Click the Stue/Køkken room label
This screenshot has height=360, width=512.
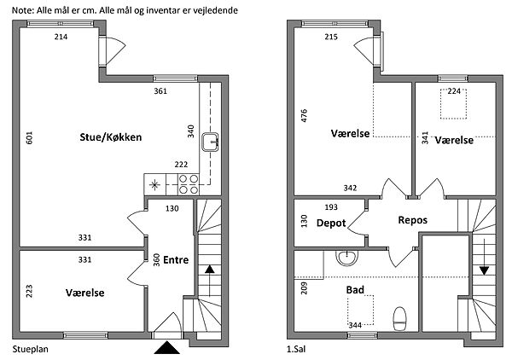[112, 137]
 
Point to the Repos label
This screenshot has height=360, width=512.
[412, 220]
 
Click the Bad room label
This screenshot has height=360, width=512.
[355, 290]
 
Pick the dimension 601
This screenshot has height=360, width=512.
[30, 139]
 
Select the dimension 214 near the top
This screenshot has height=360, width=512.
[61, 38]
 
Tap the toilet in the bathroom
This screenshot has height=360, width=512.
[399, 319]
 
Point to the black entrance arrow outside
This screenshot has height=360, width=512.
[165, 347]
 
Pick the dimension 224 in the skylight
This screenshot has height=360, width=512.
[454, 92]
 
